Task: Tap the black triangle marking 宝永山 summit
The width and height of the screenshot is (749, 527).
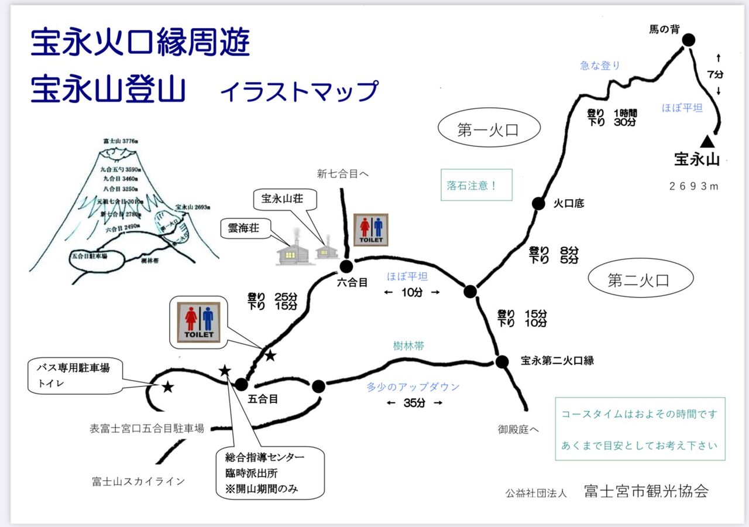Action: coord(707,141)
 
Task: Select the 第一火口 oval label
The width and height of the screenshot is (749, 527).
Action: coord(489,130)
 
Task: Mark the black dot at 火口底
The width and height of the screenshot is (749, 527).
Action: coord(538,203)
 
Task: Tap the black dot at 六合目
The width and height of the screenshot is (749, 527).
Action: coord(346,266)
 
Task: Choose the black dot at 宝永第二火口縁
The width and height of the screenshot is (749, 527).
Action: coord(501,362)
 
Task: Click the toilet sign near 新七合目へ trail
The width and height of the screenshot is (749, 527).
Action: coord(370,230)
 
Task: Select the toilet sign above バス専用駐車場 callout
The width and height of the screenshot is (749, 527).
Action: coord(199,323)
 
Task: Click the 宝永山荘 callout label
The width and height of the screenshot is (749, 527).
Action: coord(286,199)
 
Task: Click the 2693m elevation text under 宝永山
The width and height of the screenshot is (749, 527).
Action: coord(693,186)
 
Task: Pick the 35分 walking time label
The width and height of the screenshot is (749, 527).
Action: coord(414,403)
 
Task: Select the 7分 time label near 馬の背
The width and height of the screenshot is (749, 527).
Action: coord(715,74)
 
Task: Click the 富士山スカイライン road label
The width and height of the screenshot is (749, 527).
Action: coord(139,481)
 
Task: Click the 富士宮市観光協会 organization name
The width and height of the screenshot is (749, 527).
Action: coord(646,491)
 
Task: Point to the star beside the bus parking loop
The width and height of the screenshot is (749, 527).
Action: coord(168,386)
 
